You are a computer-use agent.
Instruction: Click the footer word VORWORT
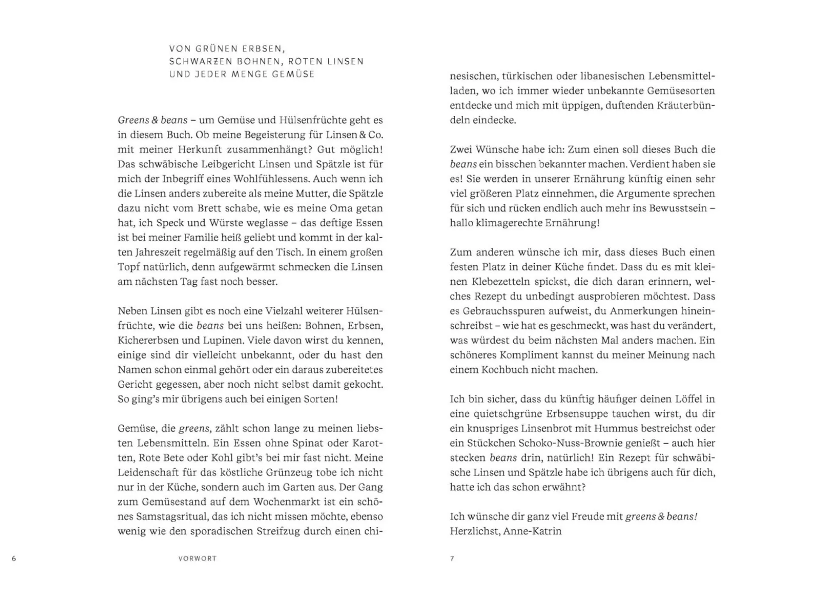[x=197, y=558]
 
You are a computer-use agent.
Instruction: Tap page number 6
[x=14, y=558]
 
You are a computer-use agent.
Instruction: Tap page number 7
[x=452, y=558]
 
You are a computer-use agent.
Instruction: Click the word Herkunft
[x=199, y=149]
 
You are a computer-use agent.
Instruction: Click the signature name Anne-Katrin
[x=532, y=531]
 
